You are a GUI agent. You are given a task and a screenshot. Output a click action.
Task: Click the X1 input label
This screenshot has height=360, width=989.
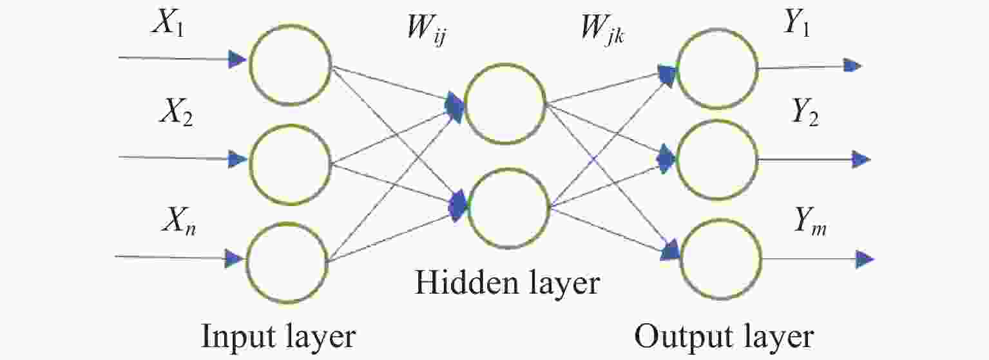click(168, 23)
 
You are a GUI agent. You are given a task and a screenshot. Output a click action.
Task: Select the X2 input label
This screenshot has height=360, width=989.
click(176, 112)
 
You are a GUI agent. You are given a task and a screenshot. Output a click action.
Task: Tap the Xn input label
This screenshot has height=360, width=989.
click(179, 221)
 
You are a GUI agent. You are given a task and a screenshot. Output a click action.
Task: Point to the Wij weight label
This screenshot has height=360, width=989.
click(427, 29)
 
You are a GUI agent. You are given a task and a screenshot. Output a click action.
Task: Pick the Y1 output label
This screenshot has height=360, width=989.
click(796, 23)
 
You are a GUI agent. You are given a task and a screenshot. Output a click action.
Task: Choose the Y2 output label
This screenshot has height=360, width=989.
click(805, 112)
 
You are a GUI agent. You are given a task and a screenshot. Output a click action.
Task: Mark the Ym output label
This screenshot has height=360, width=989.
click(810, 221)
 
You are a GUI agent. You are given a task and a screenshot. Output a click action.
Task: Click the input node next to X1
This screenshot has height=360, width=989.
click(290, 26)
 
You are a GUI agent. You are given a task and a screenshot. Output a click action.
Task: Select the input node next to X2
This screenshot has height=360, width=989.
click(290, 126)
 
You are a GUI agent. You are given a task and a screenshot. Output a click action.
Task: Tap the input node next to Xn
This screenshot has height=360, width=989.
click(287, 223)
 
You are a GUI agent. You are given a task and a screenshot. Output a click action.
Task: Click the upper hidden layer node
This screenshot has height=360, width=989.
click(505, 64)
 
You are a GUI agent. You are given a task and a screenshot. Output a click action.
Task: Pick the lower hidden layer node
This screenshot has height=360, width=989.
click(508, 169)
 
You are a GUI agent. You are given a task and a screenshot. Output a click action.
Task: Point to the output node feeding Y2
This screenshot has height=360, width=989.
click(718, 121)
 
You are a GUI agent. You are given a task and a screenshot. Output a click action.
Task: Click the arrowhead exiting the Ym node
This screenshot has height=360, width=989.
click(865, 260)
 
